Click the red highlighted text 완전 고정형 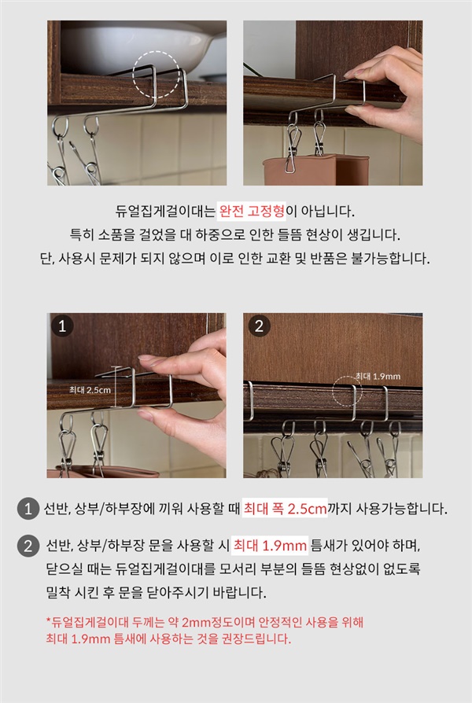[x=251, y=211]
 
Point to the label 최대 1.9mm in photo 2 [x=378, y=376]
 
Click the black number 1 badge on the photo [x=62, y=326]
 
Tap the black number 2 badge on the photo [x=259, y=326]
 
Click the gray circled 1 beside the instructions [x=28, y=509]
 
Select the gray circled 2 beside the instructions [x=28, y=546]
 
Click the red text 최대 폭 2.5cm [x=285, y=509]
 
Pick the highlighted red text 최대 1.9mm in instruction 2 [x=270, y=546]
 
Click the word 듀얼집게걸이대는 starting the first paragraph [x=165, y=211]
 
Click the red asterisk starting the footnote [x=49, y=621]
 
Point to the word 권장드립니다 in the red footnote [x=256, y=639]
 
